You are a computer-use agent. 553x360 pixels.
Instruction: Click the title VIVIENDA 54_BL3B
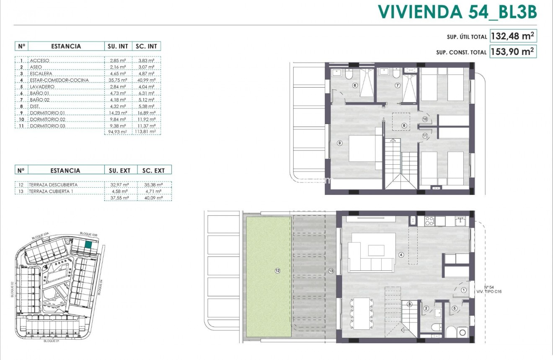pos(457,12)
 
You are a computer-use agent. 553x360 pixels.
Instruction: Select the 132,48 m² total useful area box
pos(513,36)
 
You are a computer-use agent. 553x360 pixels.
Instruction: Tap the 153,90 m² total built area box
pos(513,52)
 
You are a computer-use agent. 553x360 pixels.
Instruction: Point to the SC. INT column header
pos(147,46)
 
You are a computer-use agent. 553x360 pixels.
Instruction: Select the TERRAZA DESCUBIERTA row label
pos(53,184)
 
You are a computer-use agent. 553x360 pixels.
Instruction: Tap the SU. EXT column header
pos(120,170)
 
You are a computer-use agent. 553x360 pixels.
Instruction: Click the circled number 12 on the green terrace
pos(277,271)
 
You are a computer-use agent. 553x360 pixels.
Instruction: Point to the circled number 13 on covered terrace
pos(331,271)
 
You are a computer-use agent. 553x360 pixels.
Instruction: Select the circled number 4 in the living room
pos(401,254)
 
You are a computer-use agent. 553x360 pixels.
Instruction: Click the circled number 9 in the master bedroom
pos(339,143)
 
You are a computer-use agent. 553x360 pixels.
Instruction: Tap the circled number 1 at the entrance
pos(463,290)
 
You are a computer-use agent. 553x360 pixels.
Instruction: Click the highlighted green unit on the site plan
pos(88,245)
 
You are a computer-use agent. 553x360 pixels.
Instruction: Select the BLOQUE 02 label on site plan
pos(13,289)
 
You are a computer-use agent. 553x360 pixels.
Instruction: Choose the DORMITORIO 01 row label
pos(48,113)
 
